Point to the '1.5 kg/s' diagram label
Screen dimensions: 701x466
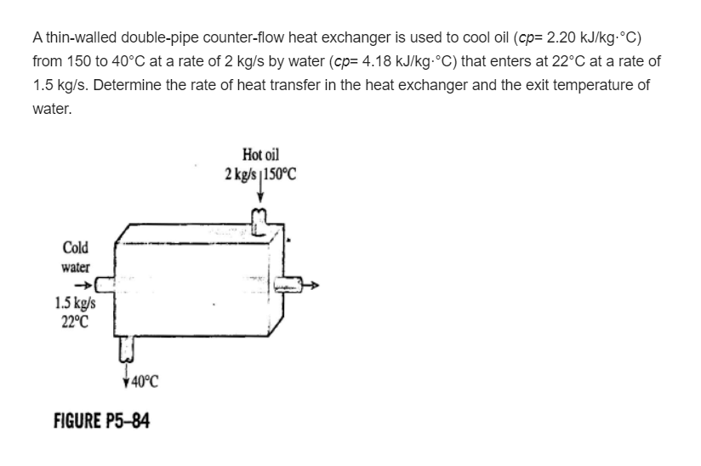point(75,302)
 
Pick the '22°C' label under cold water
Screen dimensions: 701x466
point(75,321)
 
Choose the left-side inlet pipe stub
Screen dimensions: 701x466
point(103,278)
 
